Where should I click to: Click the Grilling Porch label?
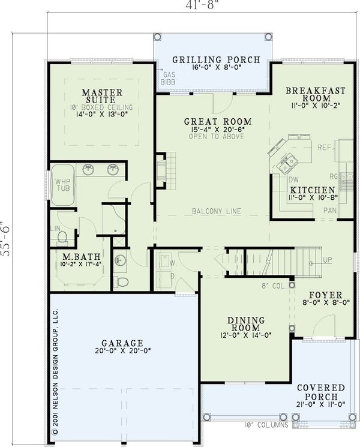[x=216, y=59]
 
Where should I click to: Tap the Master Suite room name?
[x=103, y=97]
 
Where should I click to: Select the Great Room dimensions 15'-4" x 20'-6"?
[x=209, y=128]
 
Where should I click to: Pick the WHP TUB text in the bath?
[x=63, y=184]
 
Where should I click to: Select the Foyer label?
[x=325, y=295]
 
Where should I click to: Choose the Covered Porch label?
[x=324, y=392]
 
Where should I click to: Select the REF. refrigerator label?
[x=325, y=147]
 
